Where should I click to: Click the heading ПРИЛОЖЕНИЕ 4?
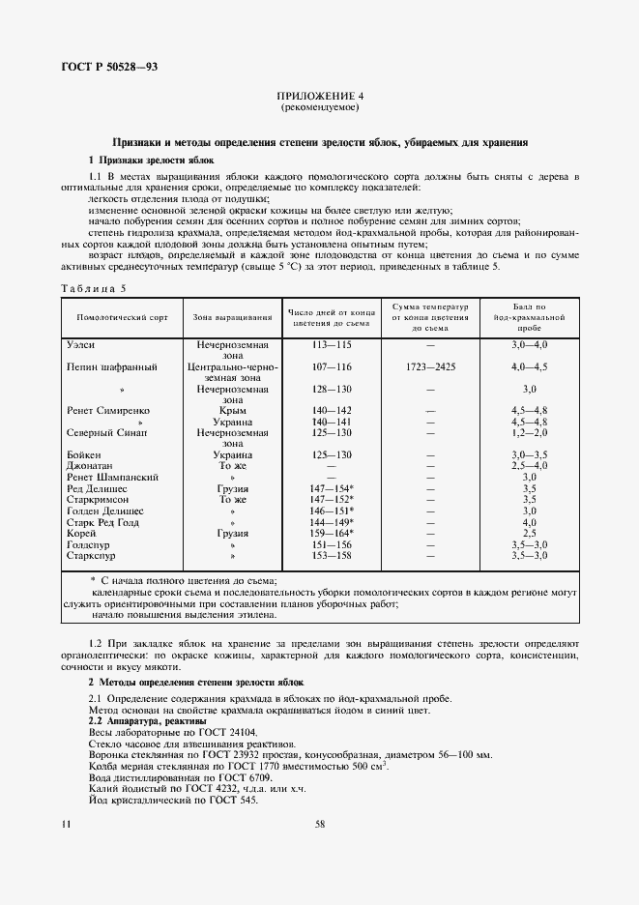pyautogui.click(x=319, y=97)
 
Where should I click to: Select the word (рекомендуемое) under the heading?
pyautogui.click(x=319, y=108)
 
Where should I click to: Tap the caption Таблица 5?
pyautogui.click(x=94, y=288)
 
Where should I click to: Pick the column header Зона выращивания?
pyautogui.click(x=232, y=317)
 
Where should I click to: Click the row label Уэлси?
pyautogui.click(x=80, y=344)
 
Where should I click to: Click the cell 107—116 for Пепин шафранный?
pyautogui.click(x=331, y=367)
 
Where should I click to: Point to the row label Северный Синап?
pyautogui.click(x=106, y=434)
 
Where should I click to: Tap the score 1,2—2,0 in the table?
pyautogui.click(x=529, y=434)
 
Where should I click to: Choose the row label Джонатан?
pyautogui.click(x=90, y=465)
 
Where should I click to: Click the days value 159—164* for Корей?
pyautogui.click(x=332, y=533)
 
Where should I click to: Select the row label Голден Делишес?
pyautogui.click(x=105, y=510)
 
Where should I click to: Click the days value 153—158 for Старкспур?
pyautogui.click(x=331, y=556)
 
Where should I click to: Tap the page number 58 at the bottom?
pyautogui.click(x=319, y=825)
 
